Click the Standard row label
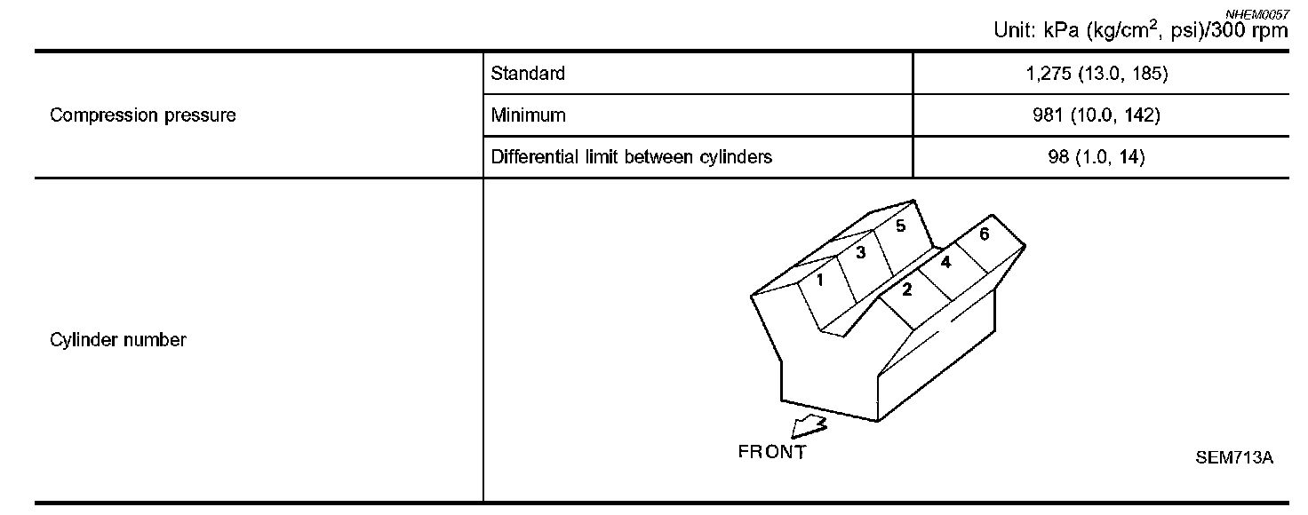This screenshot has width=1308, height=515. point(527,74)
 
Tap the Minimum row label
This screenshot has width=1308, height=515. point(527,115)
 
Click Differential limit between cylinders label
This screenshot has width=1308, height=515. point(631,157)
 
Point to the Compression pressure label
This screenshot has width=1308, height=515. point(143,115)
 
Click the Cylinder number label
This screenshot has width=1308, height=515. point(118,340)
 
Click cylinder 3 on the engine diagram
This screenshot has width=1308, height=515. point(860,253)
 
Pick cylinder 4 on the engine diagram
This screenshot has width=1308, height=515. point(945,263)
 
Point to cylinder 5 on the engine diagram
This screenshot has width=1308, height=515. point(900,226)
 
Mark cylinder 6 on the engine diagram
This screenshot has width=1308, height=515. point(985,235)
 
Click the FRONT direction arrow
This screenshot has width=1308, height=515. point(809,429)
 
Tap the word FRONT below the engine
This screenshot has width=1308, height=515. point(772,452)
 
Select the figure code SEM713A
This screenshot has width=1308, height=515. point(1234,458)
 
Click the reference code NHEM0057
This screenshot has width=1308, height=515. point(1256,15)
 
